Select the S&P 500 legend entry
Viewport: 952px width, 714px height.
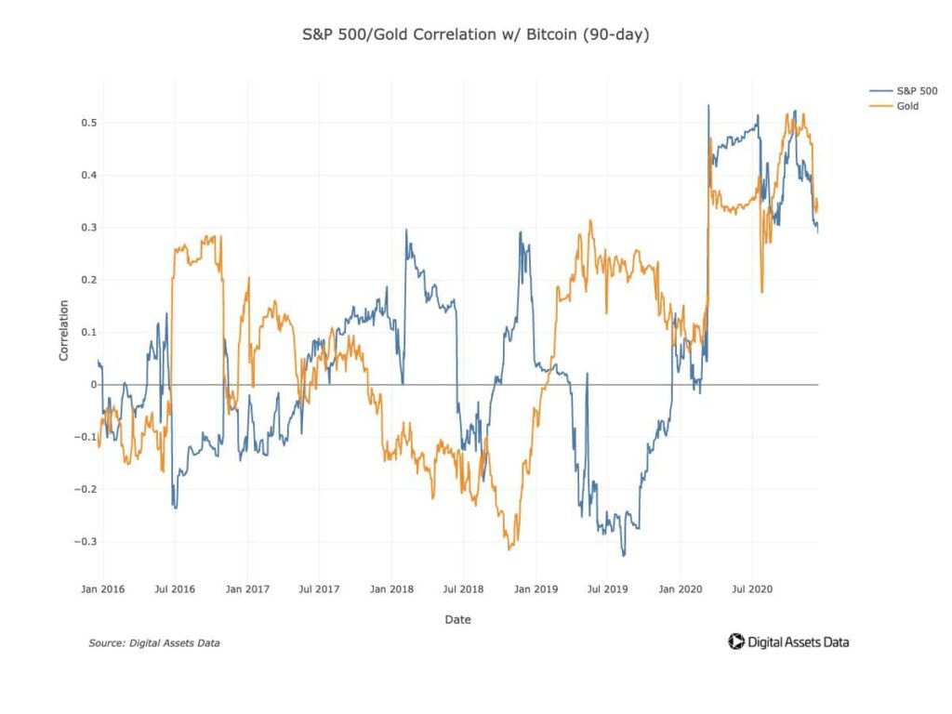[x=916, y=91]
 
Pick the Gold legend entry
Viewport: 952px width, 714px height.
[x=907, y=107]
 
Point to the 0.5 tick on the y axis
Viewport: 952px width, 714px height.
[x=88, y=123]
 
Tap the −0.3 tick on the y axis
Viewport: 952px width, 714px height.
[x=86, y=541]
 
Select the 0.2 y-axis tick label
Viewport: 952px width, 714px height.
[x=88, y=280]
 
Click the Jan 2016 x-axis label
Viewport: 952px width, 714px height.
[x=102, y=588]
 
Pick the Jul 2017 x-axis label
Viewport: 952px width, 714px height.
[x=319, y=588]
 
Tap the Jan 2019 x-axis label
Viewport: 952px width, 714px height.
[x=535, y=588]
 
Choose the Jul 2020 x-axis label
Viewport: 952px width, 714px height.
[x=751, y=588]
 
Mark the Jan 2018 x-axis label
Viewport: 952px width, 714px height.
[x=390, y=588]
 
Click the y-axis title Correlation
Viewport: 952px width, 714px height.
[x=64, y=330]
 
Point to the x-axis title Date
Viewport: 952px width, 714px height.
[x=457, y=620]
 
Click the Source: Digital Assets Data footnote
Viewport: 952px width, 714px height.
[x=154, y=642]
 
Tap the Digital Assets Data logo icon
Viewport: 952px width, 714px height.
[x=735, y=641]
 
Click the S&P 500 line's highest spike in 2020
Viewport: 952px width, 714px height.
[x=708, y=105]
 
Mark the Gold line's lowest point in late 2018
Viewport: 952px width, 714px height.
[x=509, y=549]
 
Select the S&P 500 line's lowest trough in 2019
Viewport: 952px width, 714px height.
[x=624, y=556]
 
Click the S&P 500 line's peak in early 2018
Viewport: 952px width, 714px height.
[x=406, y=230]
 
